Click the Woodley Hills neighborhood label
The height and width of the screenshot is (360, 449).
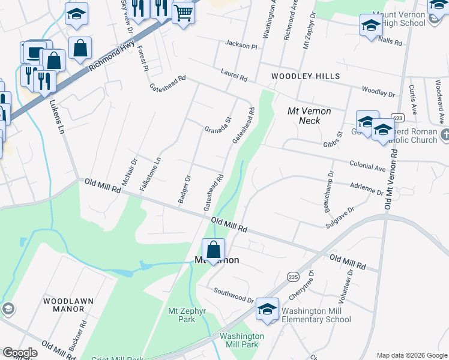coord(305,76)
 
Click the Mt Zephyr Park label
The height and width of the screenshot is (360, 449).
coord(182,315)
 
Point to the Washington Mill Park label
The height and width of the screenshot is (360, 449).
coord(242,341)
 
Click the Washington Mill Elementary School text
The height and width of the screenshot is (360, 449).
coord(316,315)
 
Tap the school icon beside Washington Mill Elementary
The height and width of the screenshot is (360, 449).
coord(267,310)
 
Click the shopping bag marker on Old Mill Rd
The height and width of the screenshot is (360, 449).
coord(213,249)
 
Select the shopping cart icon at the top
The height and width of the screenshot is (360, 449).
coord(183,12)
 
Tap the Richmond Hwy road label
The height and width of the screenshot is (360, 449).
coord(111,57)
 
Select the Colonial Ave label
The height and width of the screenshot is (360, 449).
coord(367,166)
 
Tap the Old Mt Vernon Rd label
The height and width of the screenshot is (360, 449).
coord(390,180)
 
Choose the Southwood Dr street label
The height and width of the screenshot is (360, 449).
coord(234,295)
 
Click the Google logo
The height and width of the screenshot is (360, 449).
coord(20,353)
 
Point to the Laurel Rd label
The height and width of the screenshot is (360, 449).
coord(234,74)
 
